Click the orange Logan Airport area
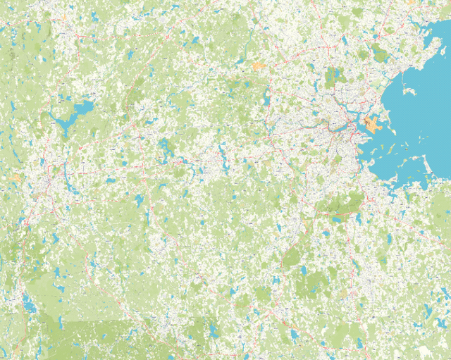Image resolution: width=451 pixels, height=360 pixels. pos(372,125)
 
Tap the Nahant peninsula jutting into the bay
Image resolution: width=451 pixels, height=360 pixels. pos(408,92)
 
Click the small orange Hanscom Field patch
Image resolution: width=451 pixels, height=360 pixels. pos(259,66)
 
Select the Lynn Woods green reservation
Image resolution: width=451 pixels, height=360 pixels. pos(381,53)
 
